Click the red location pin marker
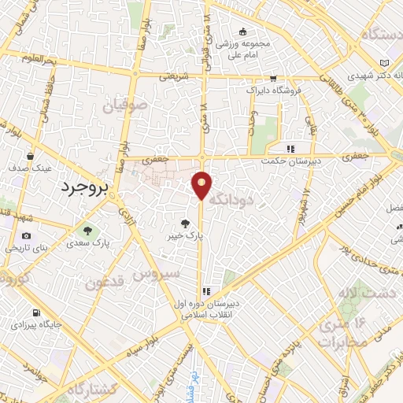click(202, 185)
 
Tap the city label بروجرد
click(83, 188)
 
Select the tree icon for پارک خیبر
click(187, 223)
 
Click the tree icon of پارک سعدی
click(88, 231)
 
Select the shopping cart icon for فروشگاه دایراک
click(273, 78)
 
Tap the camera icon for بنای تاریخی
click(26, 236)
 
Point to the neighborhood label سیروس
click(156, 274)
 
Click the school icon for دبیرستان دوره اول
click(207, 290)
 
